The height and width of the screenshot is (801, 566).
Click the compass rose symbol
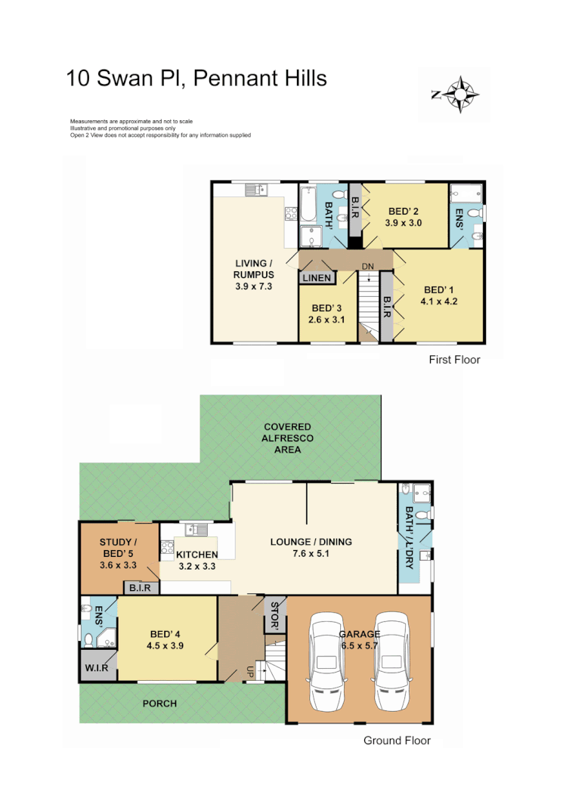456,94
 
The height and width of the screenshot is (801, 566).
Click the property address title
196,78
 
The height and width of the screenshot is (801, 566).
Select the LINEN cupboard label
317,278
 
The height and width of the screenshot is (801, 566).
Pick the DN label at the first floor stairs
368,266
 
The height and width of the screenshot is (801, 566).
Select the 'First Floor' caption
453,360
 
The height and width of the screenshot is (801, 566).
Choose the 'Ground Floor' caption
397,741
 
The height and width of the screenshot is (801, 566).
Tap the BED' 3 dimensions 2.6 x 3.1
326,320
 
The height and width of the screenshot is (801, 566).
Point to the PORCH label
159,704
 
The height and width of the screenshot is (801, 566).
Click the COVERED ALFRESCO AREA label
287,438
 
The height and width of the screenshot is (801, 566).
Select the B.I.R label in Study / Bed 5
140,587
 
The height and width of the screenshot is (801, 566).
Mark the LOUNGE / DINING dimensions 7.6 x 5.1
311,554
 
